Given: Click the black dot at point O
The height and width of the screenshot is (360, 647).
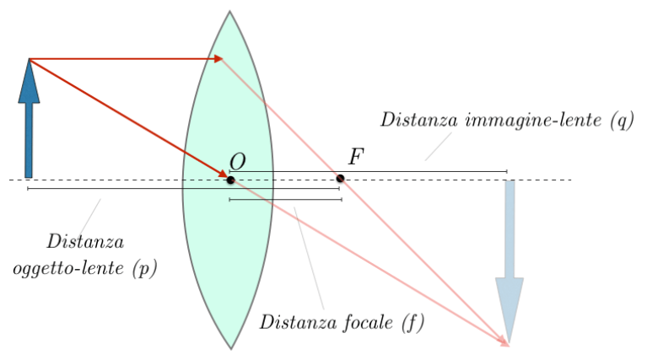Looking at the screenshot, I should (230, 180).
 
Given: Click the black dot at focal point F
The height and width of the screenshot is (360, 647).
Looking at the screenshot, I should (340, 178).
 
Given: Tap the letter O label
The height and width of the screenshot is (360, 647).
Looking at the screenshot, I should (238, 162).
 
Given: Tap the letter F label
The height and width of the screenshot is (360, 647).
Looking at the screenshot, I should (355, 156).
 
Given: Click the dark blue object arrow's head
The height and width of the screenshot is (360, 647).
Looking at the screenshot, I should (30, 81).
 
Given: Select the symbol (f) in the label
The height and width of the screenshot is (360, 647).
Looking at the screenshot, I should (412, 321).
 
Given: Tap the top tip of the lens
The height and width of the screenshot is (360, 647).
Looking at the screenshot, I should (229, 12).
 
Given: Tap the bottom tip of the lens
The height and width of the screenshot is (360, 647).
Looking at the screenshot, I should (230, 347).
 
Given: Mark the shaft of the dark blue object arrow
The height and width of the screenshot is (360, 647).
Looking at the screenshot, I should (30, 139).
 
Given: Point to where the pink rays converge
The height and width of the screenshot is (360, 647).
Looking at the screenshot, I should (508, 344).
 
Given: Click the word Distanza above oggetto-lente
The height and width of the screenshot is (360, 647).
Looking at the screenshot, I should (85, 242).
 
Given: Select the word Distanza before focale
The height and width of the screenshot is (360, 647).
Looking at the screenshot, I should (299, 321).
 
